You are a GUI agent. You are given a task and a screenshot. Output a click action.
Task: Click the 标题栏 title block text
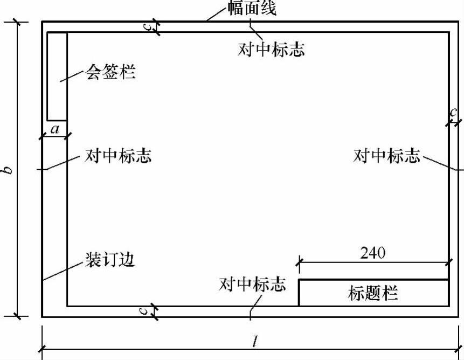pos(373,294)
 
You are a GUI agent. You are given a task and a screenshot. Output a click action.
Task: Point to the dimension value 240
pos(373,253)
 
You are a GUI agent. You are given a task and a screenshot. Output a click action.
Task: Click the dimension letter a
pos(54,129)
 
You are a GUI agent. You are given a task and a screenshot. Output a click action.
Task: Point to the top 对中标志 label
pos(271,49)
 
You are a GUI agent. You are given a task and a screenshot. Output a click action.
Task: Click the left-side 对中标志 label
pos(118,156)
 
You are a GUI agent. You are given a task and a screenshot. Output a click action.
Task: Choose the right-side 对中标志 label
pos(386,156)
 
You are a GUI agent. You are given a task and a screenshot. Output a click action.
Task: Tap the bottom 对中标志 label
pos(252,284)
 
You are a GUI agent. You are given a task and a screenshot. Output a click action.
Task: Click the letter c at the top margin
pos(149,27)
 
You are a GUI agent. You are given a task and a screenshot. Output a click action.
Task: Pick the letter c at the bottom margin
pos(149,311)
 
